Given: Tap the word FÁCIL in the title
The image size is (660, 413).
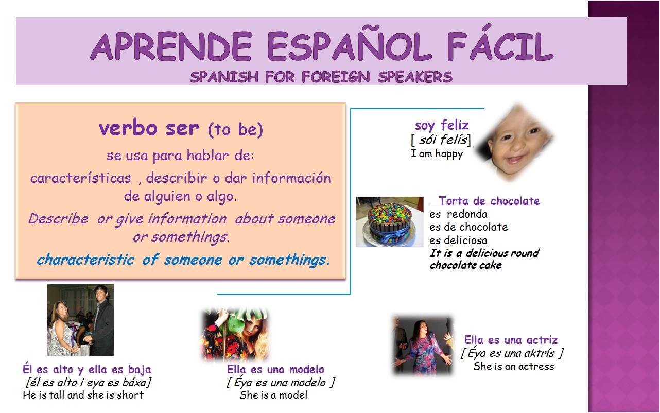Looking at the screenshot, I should pos(499,47).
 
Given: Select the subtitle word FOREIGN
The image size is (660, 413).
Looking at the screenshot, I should pos(336,77).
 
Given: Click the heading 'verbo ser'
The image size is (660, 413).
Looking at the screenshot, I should pos(148,128).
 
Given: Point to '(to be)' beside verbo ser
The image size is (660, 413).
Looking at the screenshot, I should pos(235,130).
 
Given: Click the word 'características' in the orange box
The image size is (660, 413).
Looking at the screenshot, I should pos(81,178).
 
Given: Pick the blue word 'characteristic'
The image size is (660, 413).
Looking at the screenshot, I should pos(85,260).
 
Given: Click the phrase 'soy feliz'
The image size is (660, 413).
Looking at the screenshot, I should pos(442,125).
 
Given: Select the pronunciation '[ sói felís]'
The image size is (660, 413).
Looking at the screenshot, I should pos(441,139).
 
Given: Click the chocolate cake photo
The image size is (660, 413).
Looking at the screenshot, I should pos(390,221).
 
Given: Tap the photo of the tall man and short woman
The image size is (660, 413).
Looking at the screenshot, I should pos(80,319).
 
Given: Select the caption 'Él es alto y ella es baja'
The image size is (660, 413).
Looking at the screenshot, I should pos(87,369).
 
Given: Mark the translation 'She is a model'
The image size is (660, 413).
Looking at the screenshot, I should pos(273,395).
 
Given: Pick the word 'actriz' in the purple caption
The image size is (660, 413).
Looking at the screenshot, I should pos(541,340).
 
